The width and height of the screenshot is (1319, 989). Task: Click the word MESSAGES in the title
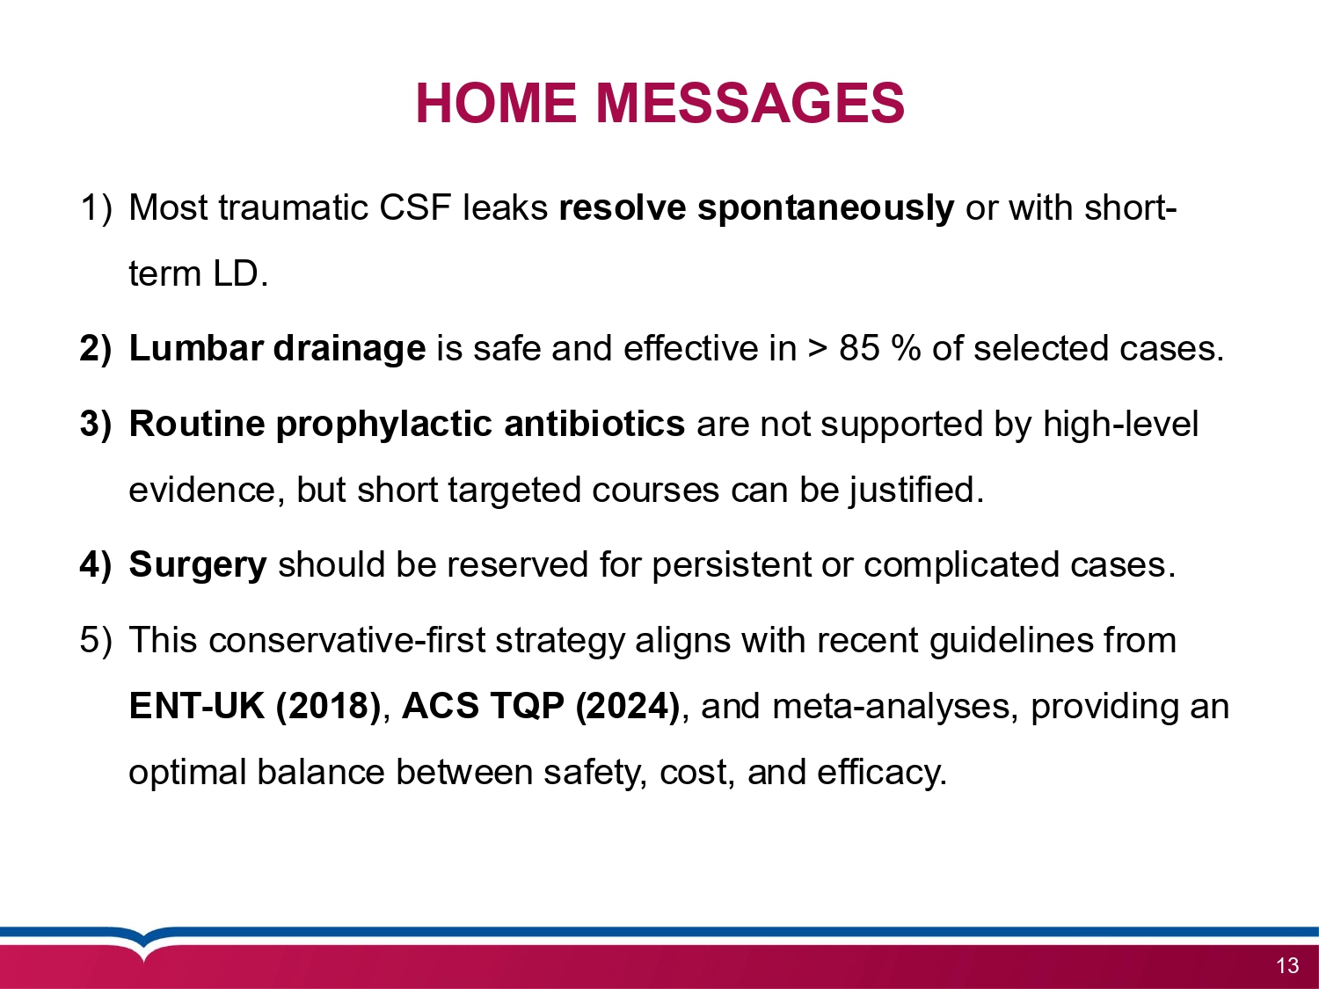click(750, 103)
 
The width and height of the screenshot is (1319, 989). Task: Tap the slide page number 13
click(1286, 965)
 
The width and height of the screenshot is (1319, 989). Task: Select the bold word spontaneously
click(825, 208)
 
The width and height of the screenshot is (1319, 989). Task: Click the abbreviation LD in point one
click(236, 274)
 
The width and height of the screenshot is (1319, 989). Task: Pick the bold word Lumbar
click(195, 349)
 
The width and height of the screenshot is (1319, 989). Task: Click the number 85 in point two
click(859, 349)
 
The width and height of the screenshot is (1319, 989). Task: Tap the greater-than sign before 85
click(818, 350)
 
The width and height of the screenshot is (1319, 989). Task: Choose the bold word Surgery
click(197, 565)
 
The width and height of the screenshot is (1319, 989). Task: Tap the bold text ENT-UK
click(197, 706)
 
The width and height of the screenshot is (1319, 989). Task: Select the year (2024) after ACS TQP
click(627, 706)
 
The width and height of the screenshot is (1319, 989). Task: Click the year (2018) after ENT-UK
click(328, 706)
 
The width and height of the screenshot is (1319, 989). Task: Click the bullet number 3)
click(95, 425)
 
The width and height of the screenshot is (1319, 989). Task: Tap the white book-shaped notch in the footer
click(142, 945)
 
